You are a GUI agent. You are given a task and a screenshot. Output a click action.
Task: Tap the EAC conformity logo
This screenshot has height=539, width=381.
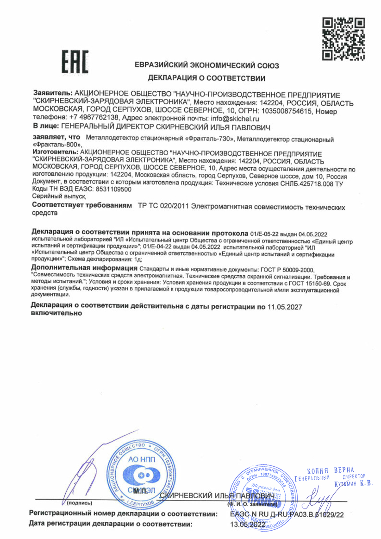[x=75, y=62]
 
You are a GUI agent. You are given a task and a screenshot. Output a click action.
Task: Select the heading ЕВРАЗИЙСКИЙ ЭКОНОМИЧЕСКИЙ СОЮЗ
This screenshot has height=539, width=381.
[x=206, y=65]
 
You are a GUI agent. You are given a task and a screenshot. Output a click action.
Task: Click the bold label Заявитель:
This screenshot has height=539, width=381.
[x=53, y=95]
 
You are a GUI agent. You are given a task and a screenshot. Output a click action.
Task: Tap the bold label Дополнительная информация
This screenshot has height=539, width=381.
[x=84, y=268]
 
